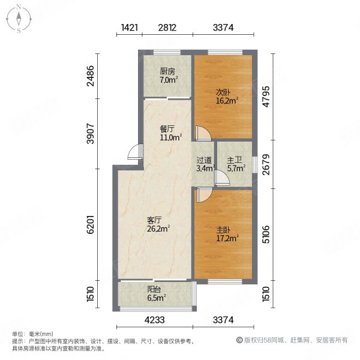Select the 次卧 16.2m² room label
(226, 97)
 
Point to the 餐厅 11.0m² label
(167, 132)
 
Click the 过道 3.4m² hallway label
(204, 164)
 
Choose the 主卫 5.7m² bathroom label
(235, 164)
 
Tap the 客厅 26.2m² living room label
(158, 223)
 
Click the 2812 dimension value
(167, 26)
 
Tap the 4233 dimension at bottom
(155, 336)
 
